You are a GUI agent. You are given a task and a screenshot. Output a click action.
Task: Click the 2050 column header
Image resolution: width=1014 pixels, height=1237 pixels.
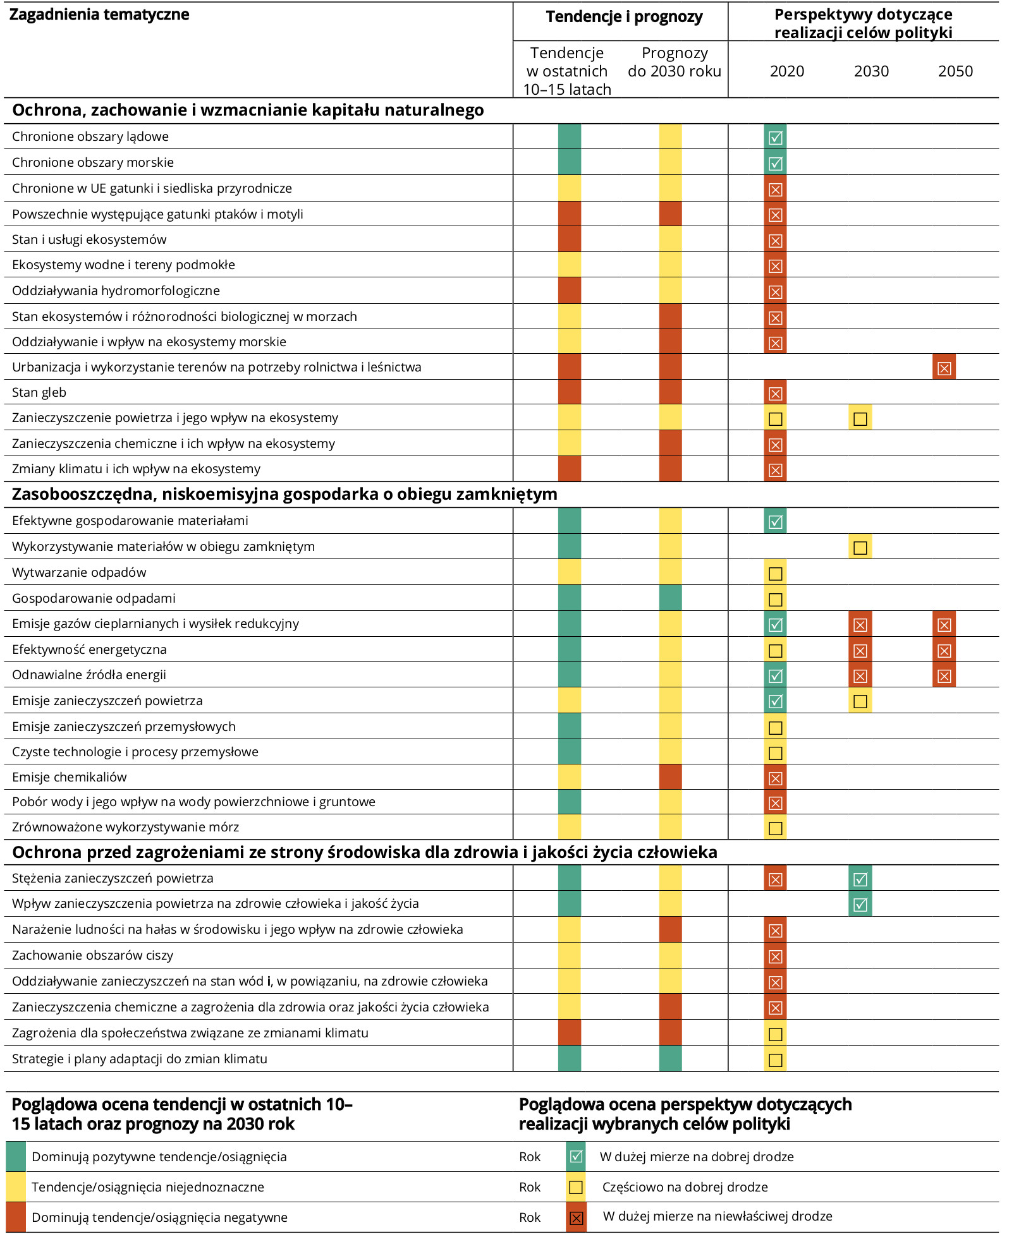click(x=955, y=71)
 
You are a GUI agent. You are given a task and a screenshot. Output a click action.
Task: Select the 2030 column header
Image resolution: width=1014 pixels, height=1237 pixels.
click(x=871, y=71)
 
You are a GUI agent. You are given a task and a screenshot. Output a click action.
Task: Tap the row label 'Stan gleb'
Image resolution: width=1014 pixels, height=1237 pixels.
click(x=39, y=392)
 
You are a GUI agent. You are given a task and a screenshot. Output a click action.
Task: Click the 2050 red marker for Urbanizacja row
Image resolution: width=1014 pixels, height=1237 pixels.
click(x=944, y=367)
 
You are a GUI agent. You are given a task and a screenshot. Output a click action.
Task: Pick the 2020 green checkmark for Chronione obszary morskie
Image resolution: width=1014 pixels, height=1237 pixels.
click(x=775, y=163)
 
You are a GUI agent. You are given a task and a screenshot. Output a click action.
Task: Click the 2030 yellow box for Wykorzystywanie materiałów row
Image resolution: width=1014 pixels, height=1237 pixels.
click(x=860, y=547)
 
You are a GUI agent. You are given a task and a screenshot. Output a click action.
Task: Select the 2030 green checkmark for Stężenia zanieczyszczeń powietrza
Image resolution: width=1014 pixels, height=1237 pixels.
click(x=860, y=879)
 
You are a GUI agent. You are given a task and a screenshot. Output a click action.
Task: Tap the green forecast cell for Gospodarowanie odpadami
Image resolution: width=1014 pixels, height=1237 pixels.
click(x=670, y=598)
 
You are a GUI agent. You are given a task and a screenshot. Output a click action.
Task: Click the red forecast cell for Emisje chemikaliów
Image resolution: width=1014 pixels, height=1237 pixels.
click(x=670, y=777)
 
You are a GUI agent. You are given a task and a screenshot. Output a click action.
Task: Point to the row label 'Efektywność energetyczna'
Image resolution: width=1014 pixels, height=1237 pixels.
click(x=89, y=649)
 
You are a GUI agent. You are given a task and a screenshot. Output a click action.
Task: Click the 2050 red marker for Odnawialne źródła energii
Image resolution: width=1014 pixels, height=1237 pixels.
click(x=944, y=675)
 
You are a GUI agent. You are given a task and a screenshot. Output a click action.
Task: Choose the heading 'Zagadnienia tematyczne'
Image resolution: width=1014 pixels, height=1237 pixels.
click(x=99, y=15)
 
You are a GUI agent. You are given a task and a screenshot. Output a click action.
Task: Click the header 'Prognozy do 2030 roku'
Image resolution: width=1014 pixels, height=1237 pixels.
click(x=675, y=62)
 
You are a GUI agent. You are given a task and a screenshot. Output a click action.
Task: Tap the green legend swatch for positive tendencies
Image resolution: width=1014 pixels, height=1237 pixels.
click(x=16, y=1157)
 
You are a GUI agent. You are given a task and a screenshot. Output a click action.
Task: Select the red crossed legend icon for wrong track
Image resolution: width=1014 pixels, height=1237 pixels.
click(x=576, y=1217)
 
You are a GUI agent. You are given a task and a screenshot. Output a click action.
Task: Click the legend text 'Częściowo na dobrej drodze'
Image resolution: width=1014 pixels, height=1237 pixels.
click(x=685, y=1187)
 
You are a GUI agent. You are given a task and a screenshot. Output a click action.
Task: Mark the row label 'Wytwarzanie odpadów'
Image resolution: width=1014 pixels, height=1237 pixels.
click(x=79, y=572)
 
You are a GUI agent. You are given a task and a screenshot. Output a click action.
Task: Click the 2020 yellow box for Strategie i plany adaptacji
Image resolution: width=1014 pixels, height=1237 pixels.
click(x=775, y=1060)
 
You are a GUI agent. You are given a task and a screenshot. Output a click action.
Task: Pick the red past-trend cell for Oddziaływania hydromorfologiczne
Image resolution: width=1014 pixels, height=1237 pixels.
click(x=570, y=291)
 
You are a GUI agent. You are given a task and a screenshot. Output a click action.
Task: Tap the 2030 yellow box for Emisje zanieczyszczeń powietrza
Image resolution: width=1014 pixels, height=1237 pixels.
click(x=860, y=701)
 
